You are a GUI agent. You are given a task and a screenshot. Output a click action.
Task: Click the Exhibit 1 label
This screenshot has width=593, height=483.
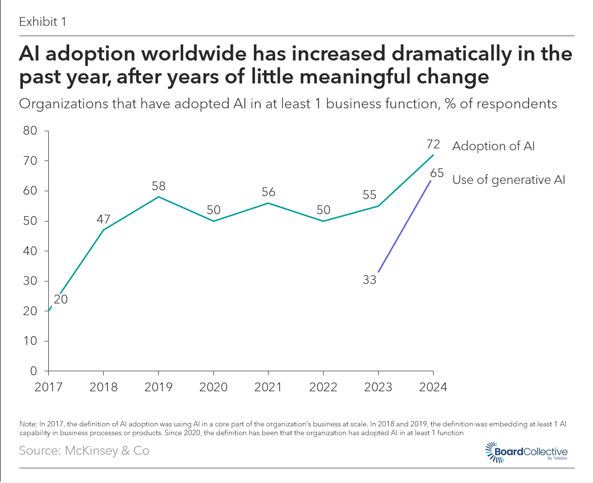point(42,22)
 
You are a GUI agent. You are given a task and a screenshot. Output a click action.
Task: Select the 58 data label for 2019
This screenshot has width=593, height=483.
point(158,186)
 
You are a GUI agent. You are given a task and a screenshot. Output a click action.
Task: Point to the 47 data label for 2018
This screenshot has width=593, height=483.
point(104,219)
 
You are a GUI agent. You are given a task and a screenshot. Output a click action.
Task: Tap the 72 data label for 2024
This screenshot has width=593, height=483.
point(433,144)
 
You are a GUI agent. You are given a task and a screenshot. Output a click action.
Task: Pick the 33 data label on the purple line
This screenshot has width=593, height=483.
point(369,280)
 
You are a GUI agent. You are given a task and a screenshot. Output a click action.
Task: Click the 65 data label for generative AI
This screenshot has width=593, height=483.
point(437,173)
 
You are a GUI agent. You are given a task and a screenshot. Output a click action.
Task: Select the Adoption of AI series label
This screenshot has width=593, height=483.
point(493,146)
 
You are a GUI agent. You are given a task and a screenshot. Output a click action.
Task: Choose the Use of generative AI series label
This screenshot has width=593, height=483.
point(509,180)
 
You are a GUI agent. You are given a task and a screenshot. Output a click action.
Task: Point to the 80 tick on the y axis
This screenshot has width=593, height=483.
point(30,131)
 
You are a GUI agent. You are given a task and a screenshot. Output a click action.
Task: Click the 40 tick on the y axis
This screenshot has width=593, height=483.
point(30,251)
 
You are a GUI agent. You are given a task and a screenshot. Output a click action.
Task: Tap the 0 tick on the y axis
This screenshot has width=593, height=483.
point(34,371)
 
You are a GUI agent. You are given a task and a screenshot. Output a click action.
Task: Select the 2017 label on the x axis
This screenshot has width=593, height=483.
point(49,387)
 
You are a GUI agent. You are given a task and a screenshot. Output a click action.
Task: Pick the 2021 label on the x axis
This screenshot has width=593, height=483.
point(268,387)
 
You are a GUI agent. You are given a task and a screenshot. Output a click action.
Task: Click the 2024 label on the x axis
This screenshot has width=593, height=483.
point(433,387)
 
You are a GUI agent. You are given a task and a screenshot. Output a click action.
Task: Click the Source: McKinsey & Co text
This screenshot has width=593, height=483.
point(84,450)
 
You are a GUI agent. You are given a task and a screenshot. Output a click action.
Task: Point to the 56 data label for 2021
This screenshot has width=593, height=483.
point(268,192)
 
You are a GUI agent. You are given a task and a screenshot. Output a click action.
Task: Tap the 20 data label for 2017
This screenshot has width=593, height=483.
point(60,299)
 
